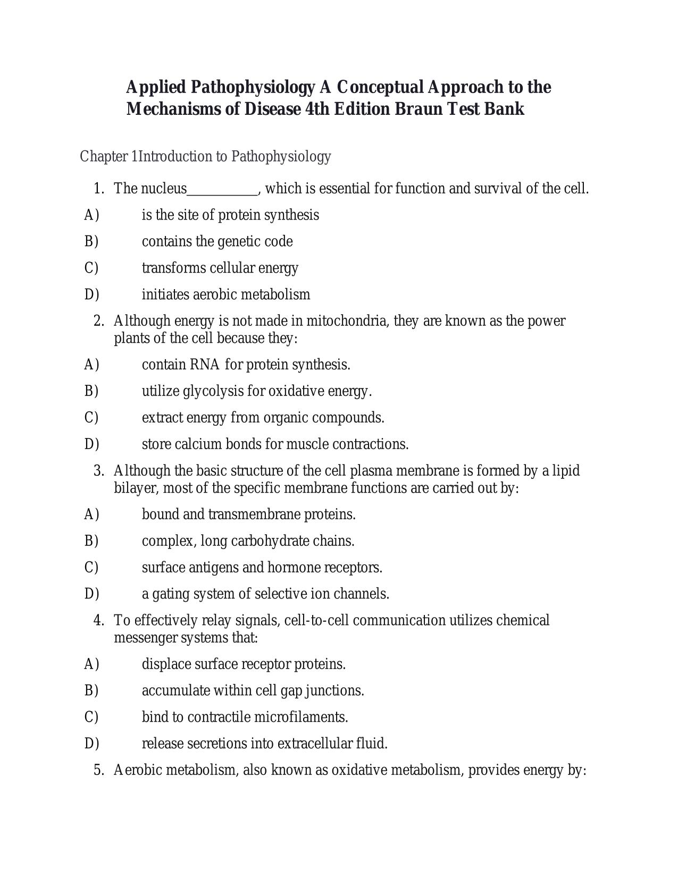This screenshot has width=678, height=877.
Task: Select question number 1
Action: point(98,189)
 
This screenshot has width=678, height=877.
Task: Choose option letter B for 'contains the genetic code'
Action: point(91,241)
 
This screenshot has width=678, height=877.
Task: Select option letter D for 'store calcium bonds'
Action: point(91,444)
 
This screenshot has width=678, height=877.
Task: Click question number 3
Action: point(98,471)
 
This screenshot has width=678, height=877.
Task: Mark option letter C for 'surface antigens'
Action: point(91,567)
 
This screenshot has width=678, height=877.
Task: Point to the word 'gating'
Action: point(169,594)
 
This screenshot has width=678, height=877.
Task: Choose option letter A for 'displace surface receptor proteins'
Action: point(91,664)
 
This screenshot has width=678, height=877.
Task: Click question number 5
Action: point(98,770)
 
